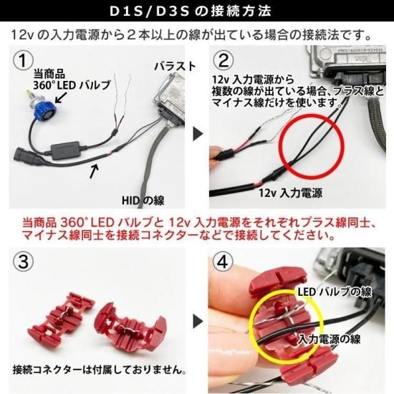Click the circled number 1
(x=24, y=61)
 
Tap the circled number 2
(x=224, y=61)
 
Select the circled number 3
(x=24, y=261)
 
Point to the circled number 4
(x=223, y=261)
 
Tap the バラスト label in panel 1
(x=175, y=67)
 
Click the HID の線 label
(x=143, y=201)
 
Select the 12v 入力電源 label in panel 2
(x=290, y=193)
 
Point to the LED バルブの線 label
(x=335, y=292)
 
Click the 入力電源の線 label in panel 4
(x=330, y=339)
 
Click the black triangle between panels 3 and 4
(x=198, y=322)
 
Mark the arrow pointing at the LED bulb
(x=60, y=97)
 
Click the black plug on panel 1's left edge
(x=24, y=155)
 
